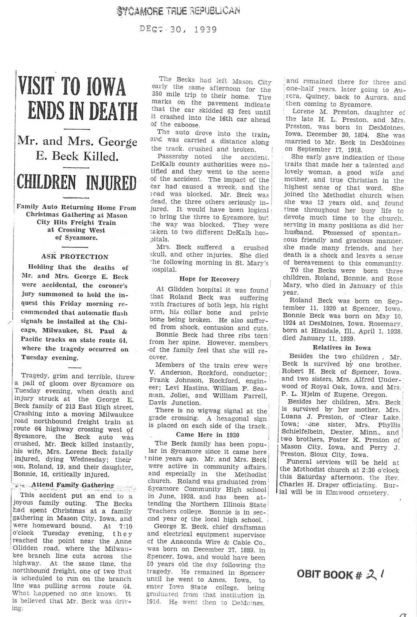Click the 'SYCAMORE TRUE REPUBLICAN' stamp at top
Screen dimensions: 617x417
(x=179, y=11)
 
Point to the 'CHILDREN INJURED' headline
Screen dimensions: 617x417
(x=77, y=183)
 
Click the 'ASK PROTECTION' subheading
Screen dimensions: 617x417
(x=75, y=257)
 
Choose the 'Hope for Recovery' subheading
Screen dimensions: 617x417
(x=209, y=279)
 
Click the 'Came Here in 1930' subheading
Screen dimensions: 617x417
(x=207, y=435)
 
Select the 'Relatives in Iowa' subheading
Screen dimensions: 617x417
(x=342, y=348)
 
